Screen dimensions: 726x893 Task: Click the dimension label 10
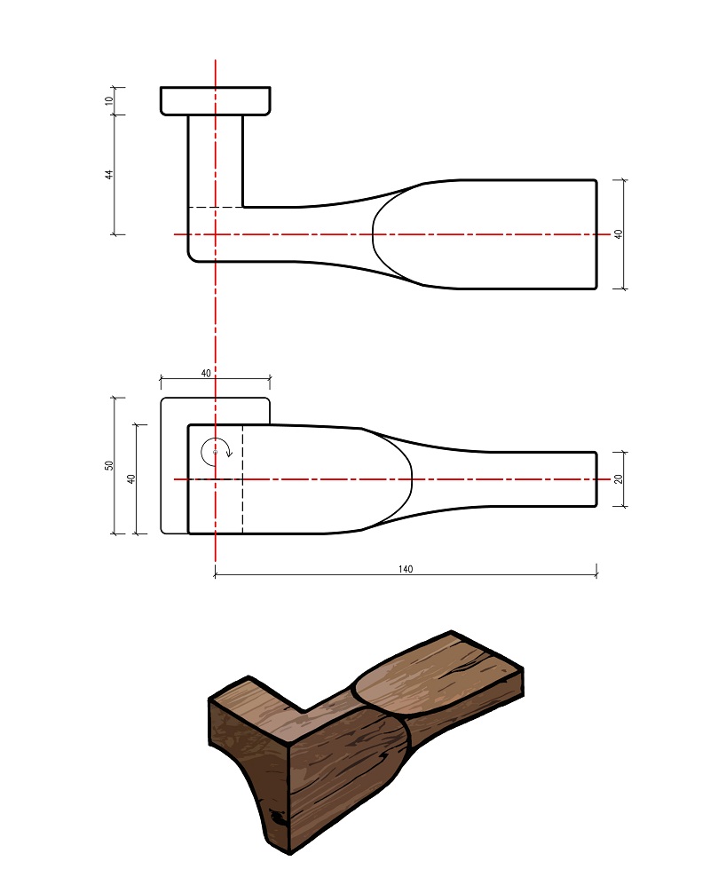click(109, 100)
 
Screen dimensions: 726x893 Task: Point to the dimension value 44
click(109, 174)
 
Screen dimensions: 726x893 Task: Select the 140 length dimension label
click(406, 569)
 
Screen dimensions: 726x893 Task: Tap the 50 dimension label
click(109, 465)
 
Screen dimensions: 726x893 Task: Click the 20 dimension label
click(619, 479)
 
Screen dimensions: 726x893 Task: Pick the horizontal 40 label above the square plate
click(206, 373)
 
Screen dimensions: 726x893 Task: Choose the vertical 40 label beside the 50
click(131, 479)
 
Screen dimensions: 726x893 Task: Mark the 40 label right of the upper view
click(619, 234)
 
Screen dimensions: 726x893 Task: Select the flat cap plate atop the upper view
click(216, 101)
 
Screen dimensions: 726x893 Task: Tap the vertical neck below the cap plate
click(216, 162)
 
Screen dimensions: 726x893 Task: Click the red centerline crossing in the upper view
click(216, 234)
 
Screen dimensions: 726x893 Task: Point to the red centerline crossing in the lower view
click(216, 479)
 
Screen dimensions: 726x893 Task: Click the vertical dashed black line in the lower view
click(242, 479)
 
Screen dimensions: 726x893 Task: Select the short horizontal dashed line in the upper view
click(217, 208)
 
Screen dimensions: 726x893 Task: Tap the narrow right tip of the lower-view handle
click(596, 479)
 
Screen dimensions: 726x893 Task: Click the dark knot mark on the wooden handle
click(279, 817)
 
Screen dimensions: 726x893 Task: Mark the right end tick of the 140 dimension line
click(596, 572)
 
